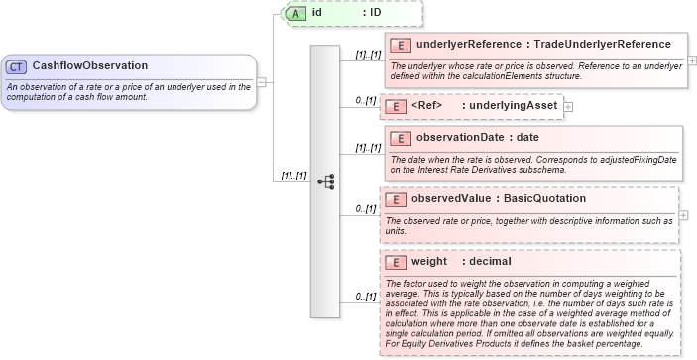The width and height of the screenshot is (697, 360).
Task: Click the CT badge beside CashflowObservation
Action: pyautogui.click(x=16, y=66)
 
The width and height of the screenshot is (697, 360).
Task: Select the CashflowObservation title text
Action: pyautogui.click(x=90, y=66)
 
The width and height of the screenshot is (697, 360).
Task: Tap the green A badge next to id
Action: pyautogui.click(x=295, y=13)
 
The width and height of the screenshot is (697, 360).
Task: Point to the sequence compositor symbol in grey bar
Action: pyautogui.click(x=324, y=181)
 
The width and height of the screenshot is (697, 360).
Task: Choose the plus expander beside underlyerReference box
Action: pyautogui.click(x=692, y=60)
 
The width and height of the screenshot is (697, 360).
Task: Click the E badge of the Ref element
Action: pyautogui.click(x=394, y=106)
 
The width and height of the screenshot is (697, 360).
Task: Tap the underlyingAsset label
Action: pyautogui.click(x=510, y=106)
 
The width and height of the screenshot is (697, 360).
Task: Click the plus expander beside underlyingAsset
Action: pyautogui.click(x=568, y=106)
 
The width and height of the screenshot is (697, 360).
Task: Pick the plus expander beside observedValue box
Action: pyautogui.click(x=692, y=214)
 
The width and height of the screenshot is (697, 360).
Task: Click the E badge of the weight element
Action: pyautogui.click(x=395, y=262)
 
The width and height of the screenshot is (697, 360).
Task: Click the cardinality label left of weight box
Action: pyautogui.click(x=365, y=296)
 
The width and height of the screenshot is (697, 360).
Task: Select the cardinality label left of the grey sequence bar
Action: pyautogui.click(x=293, y=175)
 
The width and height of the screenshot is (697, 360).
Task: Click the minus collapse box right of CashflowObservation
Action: pyautogui.click(x=262, y=82)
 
